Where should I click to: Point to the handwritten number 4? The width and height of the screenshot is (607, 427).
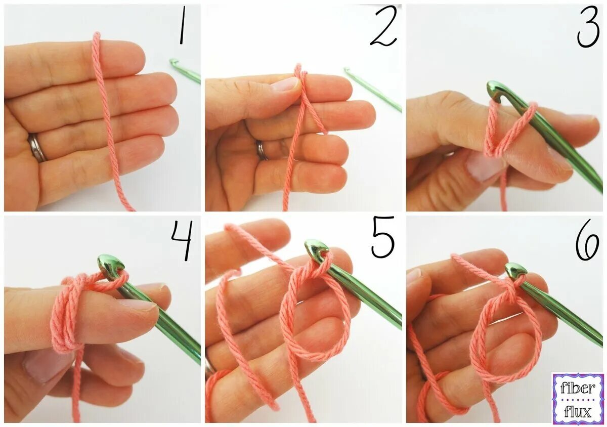click(x=182, y=240)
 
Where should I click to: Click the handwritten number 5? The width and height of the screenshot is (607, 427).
click(x=382, y=237)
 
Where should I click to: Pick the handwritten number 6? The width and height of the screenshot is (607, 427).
click(x=587, y=240)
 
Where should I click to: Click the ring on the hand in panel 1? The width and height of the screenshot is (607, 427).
click(x=37, y=148)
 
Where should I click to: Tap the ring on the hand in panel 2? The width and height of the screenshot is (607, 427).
click(x=262, y=150)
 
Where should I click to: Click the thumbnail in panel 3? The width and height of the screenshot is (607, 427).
click(x=485, y=165)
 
